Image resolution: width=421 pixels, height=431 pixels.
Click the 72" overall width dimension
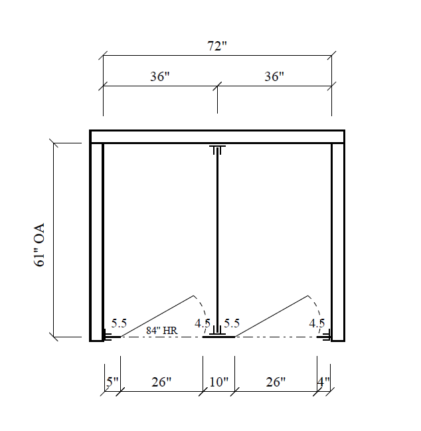[217, 46]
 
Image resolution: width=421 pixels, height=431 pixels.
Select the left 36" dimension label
[159, 76]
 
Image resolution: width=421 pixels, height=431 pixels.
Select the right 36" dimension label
[274, 76]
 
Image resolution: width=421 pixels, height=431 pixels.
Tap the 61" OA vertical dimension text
[39, 244]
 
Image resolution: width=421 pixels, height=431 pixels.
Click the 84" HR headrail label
[161, 331]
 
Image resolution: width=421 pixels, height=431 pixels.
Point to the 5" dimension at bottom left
[112, 382]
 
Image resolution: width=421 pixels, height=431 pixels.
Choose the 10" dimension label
[218, 382]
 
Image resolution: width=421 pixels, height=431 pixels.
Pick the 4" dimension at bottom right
[323, 382]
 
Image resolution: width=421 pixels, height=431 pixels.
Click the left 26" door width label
[161, 382]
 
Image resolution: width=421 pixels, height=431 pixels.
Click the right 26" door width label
[276, 382]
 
